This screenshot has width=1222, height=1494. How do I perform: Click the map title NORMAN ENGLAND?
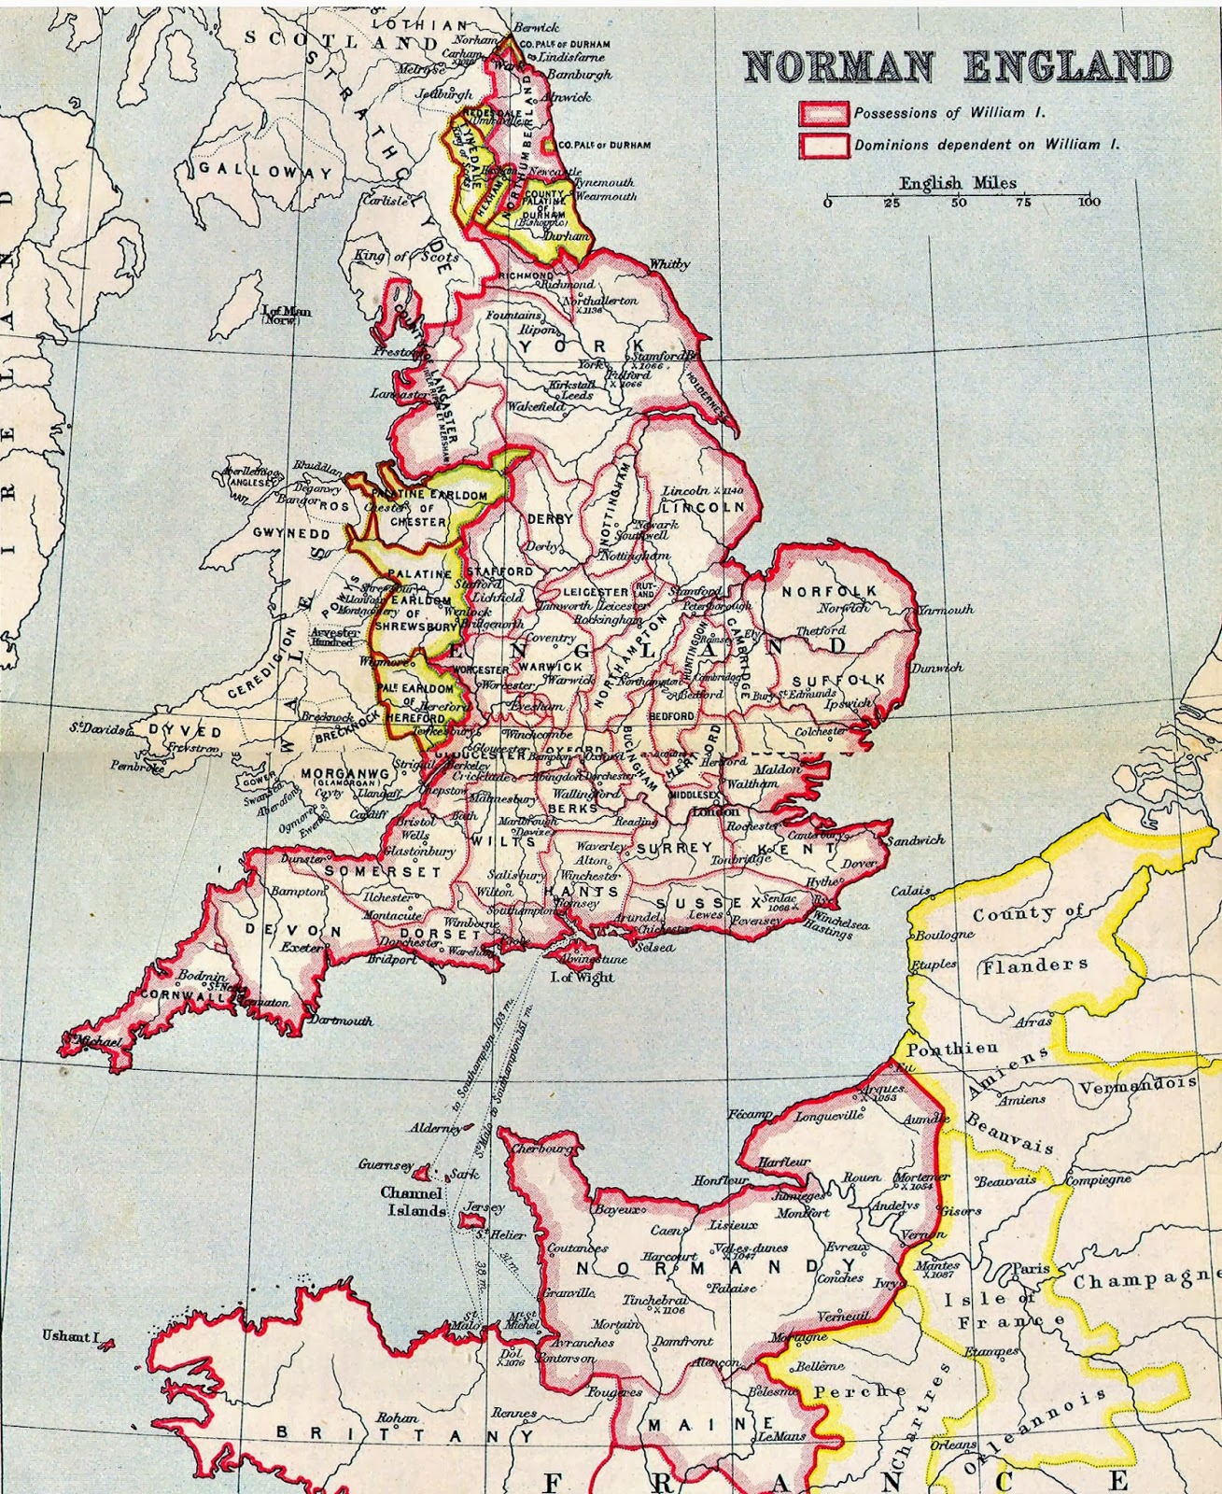coord(957,66)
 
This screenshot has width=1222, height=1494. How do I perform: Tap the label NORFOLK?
coord(830,592)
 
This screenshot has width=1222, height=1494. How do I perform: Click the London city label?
coord(716,811)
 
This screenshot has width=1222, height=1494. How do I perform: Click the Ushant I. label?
coord(70,1336)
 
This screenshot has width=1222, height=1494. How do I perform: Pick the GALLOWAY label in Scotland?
coord(265,172)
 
